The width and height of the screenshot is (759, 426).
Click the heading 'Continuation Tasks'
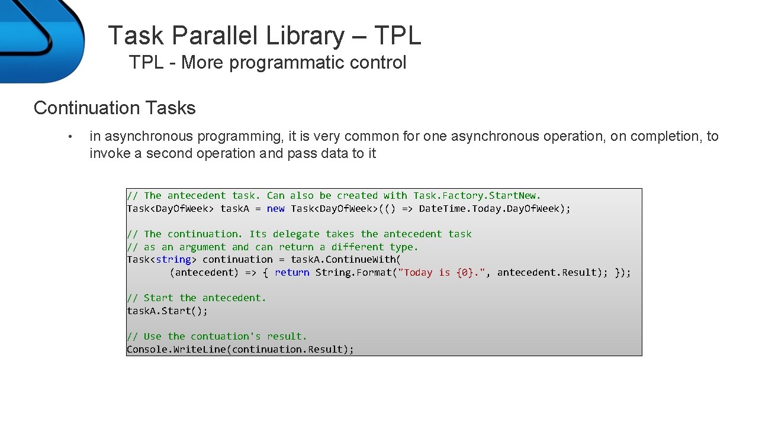pyautogui.click(x=114, y=108)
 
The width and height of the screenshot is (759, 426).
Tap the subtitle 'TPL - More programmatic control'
pyautogui.click(x=268, y=62)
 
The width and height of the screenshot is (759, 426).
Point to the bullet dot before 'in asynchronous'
pyautogui.click(x=70, y=137)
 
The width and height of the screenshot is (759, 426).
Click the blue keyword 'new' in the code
pyautogui.click(x=275, y=208)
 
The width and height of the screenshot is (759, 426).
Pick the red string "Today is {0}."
pyautogui.click(x=442, y=272)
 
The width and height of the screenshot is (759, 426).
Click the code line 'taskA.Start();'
pyautogui.click(x=167, y=311)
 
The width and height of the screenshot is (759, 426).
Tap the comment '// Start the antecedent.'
pyautogui.click(x=197, y=298)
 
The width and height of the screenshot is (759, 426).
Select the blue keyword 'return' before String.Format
pyautogui.click(x=292, y=272)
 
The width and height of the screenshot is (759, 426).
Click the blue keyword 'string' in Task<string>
pyautogui.click(x=173, y=259)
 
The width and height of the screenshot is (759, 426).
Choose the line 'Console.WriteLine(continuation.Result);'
pyautogui.click(x=240, y=349)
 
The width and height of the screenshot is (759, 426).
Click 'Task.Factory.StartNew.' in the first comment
pyautogui.click(x=477, y=195)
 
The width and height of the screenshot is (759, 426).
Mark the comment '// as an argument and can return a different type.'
pyautogui.click(x=272, y=247)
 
